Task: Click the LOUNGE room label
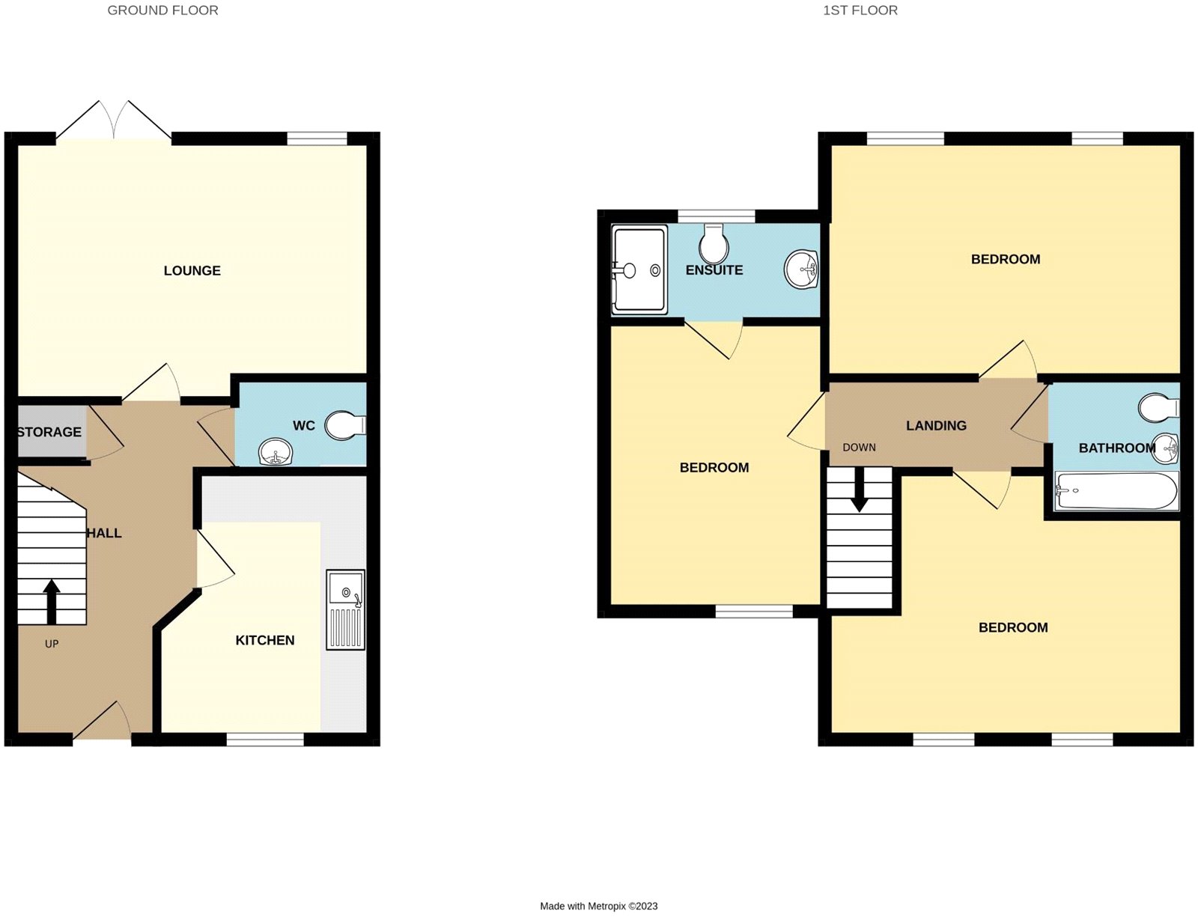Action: (x=192, y=270)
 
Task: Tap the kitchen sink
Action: (x=346, y=609)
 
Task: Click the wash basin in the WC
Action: (x=275, y=452)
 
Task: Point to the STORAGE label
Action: (x=49, y=432)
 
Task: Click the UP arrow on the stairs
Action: (x=51, y=601)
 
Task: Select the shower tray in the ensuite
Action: (x=639, y=269)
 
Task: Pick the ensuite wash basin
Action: (x=801, y=269)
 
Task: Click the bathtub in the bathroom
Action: (x=1116, y=491)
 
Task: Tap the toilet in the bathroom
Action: (x=1159, y=408)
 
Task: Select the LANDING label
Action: (x=936, y=425)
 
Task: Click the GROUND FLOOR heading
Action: (x=162, y=10)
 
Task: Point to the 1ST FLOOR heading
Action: (x=860, y=10)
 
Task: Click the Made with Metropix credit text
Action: (x=599, y=906)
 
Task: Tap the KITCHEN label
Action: (x=264, y=640)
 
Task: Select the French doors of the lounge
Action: (x=114, y=120)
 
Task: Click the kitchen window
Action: (x=265, y=740)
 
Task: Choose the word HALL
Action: (x=104, y=533)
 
